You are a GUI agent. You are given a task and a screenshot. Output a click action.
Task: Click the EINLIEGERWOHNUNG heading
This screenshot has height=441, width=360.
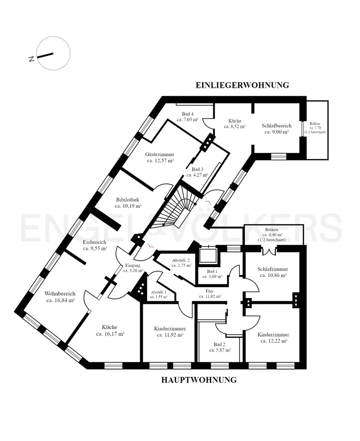(242, 85)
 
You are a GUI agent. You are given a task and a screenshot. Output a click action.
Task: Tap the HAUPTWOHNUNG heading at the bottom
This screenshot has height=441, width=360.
(199, 380)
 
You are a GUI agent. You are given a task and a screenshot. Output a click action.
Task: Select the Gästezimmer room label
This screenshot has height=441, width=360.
(160, 154)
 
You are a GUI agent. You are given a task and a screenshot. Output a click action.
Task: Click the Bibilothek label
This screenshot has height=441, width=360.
(128, 199)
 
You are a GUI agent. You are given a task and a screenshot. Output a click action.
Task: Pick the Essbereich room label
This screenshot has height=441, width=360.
(95, 242)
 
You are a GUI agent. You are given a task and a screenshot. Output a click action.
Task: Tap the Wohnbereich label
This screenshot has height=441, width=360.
(60, 294)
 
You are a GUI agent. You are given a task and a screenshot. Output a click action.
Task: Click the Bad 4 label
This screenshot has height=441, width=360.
(187, 114)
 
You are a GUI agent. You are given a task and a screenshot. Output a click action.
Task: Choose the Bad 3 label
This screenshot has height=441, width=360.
(197, 169)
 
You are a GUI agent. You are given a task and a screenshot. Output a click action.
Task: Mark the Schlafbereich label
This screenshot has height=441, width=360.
(276, 126)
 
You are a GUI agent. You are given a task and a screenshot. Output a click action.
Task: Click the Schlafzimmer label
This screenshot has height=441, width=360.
(272, 269)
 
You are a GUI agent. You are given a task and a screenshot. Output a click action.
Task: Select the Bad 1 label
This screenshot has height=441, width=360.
(212, 271)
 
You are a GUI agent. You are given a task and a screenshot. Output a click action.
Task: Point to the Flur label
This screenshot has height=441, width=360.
(210, 291)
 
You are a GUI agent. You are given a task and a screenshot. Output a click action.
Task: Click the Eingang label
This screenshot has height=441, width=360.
(133, 265)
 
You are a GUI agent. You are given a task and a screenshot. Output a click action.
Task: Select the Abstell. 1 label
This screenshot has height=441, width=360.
(159, 292)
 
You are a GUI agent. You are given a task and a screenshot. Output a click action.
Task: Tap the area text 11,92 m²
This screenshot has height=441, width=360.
(170, 335)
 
